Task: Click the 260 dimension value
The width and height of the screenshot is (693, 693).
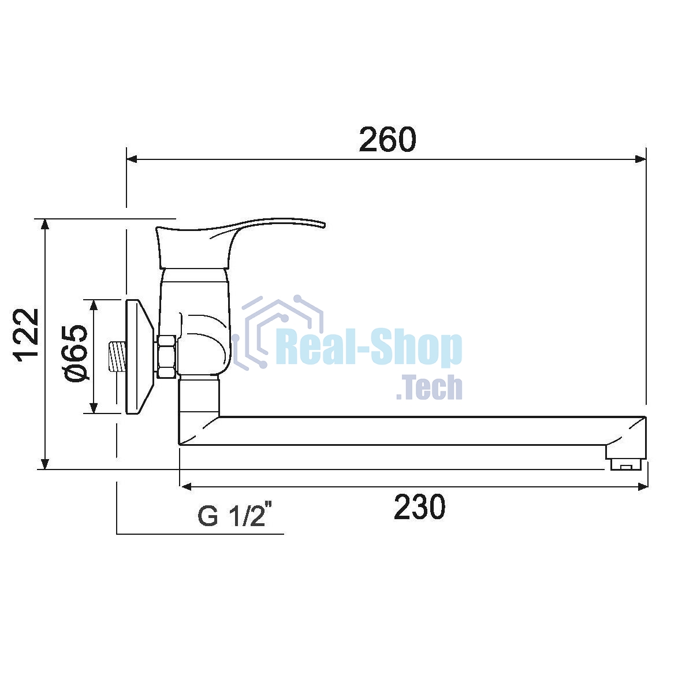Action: [x=388, y=139]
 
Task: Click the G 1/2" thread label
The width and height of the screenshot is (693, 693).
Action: [x=233, y=516]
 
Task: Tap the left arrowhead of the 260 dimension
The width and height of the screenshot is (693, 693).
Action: [x=132, y=159]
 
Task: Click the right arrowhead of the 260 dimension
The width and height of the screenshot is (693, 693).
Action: [x=640, y=159]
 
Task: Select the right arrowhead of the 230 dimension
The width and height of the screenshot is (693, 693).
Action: [x=643, y=487]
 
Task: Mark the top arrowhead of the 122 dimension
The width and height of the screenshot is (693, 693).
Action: [x=44, y=225]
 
